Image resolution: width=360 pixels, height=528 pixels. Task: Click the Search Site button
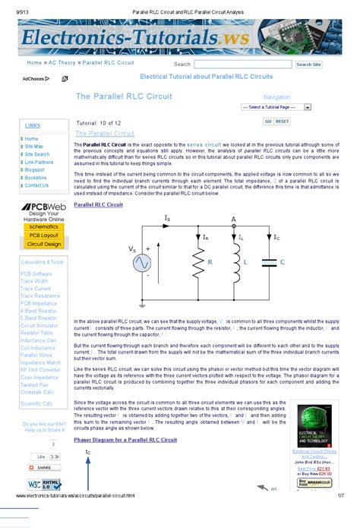pyautogui.click(x=308, y=65)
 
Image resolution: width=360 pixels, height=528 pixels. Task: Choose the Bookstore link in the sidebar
pyautogui.click(x=35, y=178)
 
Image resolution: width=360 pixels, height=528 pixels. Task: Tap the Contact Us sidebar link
pyautogui.click(x=36, y=185)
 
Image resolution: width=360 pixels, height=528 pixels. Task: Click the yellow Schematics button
pyautogui.click(x=43, y=227)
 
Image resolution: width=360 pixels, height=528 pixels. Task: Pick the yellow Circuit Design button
pyautogui.click(x=43, y=244)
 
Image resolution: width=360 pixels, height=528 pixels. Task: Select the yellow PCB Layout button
pyautogui.click(x=43, y=236)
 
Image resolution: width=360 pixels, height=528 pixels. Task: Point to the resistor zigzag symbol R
pyautogui.click(x=197, y=262)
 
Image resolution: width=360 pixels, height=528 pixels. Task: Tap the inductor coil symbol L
pyautogui.click(x=233, y=262)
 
